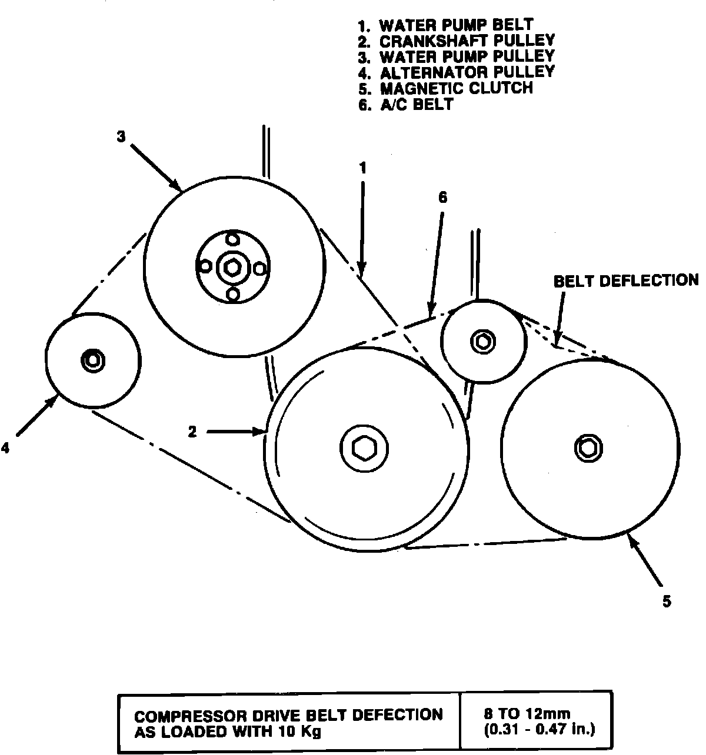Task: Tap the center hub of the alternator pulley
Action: tap(93, 359)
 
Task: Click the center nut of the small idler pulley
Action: tap(483, 340)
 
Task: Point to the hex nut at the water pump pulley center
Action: tap(231, 268)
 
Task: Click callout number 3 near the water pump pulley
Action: tap(121, 137)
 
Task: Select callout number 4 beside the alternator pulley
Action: tap(5, 448)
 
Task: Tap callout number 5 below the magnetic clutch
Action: tap(666, 602)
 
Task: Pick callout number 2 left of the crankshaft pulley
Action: tap(192, 432)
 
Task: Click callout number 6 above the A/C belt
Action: tap(442, 198)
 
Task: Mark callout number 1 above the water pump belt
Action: tap(363, 168)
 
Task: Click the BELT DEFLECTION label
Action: tap(625, 280)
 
